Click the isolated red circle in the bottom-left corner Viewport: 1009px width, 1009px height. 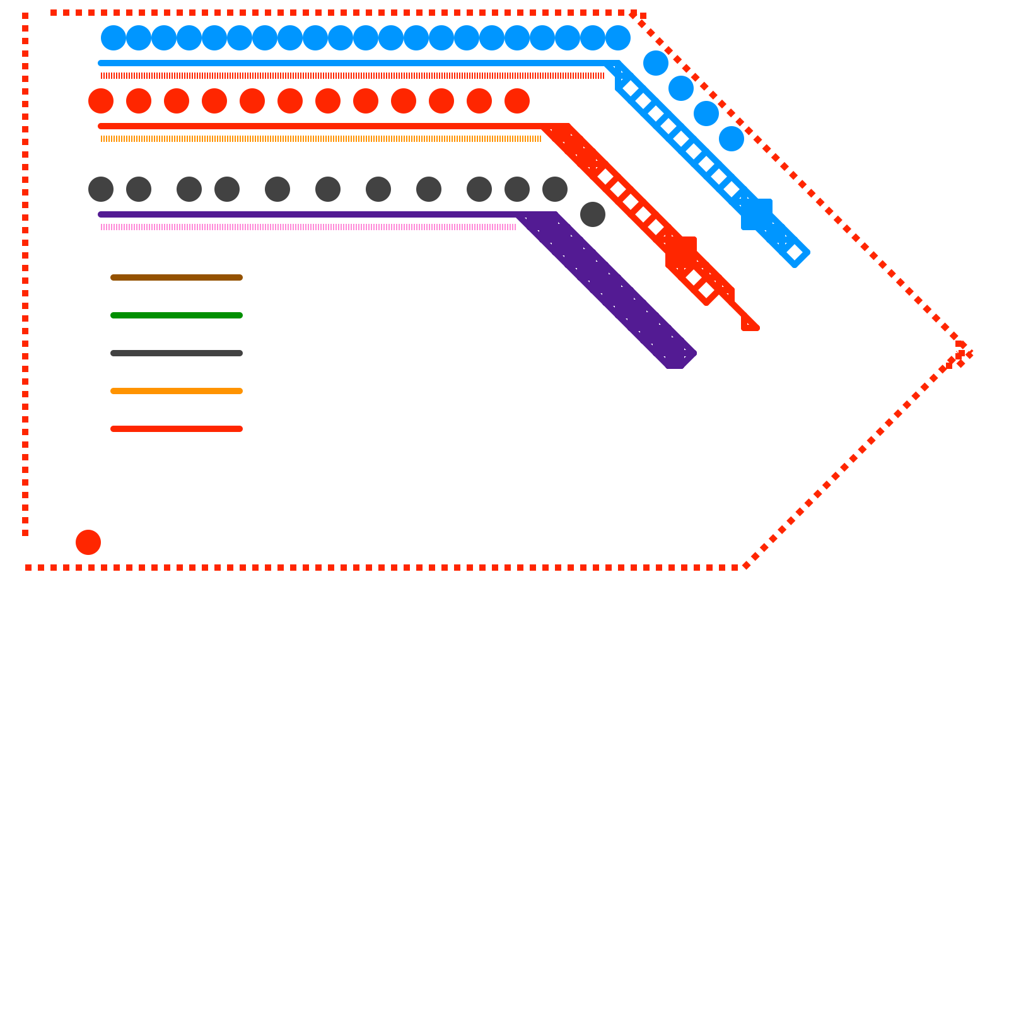tap(88, 542)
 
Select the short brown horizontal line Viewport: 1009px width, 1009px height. tap(177, 277)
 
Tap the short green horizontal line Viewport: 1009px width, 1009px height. tap(177, 315)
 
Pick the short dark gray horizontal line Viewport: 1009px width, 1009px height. tap(177, 353)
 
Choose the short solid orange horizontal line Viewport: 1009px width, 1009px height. tap(177, 391)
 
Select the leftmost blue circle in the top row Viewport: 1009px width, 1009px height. tap(114, 38)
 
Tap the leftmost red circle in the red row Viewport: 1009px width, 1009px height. tap(101, 101)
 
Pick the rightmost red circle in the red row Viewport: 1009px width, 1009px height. tap(517, 101)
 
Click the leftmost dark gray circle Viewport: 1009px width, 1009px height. tap(101, 189)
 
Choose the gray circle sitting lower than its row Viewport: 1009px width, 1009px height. tap(593, 214)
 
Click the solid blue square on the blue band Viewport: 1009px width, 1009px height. tap(757, 214)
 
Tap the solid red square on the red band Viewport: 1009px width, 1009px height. tap(681, 252)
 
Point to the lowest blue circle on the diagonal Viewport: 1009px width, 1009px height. tap(732, 139)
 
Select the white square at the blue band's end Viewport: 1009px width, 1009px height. tap(795, 252)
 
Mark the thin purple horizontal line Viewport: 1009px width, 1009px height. tap(303, 214)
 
